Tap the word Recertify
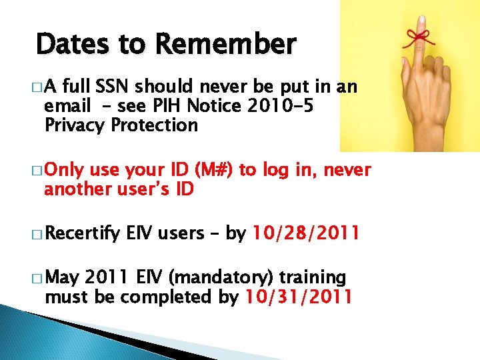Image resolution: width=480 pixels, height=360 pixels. pyautogui.click(x=83, y=233)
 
